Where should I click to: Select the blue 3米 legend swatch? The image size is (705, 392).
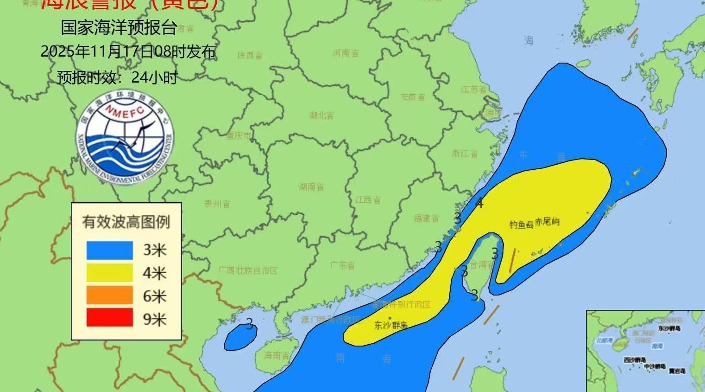click(110, 251)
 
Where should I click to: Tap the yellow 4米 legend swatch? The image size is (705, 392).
click(110, 273)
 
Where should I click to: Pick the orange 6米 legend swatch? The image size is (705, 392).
click(110, 296)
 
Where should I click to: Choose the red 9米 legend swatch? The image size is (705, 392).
click(110, 319)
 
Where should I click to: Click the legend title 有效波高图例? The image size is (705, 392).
click(126, 222)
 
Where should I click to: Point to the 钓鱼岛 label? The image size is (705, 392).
click(521, 225)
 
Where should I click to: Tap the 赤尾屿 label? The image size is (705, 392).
click(547, 222)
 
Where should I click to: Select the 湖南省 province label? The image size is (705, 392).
click(311, 187)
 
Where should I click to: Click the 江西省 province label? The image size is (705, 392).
click(368, 200)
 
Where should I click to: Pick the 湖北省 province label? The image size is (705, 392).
click(321, 116)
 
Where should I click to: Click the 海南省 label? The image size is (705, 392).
click(277, 355)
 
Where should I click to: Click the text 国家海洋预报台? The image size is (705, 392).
click(119, 28)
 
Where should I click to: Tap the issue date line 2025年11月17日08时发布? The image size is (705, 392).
click(128, 51)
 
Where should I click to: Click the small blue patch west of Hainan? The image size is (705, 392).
click(240, 337)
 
